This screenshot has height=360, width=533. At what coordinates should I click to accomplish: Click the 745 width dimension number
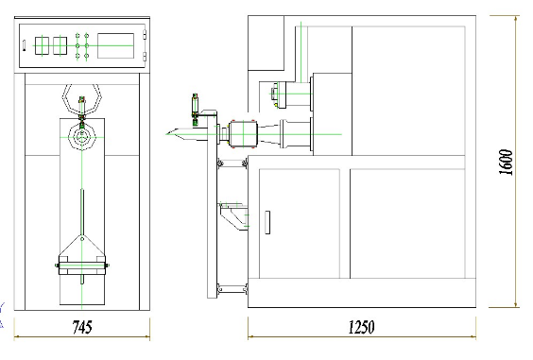82,327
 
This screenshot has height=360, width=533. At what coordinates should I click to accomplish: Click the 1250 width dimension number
361,327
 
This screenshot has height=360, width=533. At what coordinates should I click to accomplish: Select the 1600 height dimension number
506,163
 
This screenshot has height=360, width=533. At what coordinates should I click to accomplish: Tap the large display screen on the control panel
115,46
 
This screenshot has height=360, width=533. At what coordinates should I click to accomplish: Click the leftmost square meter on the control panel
43,45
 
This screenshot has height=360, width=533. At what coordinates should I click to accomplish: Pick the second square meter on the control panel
60,45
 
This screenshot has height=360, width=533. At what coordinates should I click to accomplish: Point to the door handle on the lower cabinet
267,222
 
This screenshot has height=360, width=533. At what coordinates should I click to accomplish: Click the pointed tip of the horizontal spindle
166,134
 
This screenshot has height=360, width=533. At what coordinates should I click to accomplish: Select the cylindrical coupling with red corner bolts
243,134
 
